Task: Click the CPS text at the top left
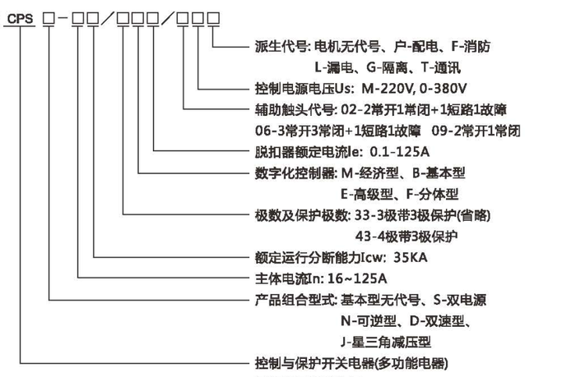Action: click(x=20, y=19)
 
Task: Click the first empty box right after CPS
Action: click(x=49, y=18)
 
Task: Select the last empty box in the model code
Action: click(x=213, y=18)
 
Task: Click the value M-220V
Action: click(x=388, y=89)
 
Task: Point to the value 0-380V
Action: click(x=443, y=89)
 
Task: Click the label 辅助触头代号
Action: click(x=294, y=110)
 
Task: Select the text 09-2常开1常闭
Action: click(x=476, y=131)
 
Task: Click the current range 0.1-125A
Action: click(x=399, y=152)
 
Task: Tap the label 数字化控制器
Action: click(x=295, y=172)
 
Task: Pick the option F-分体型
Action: click(x=432, y=194)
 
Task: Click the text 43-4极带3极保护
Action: click(x=406, y=237)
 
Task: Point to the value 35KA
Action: click(x=410, y=257)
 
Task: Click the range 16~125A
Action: click(x=356, y=278)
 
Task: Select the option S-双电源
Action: click(x=460, y=300)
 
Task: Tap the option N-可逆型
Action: click(x=369, y=321)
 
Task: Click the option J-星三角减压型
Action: click(x=386, y=343)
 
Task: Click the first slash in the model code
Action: click(x=108, y=18)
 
